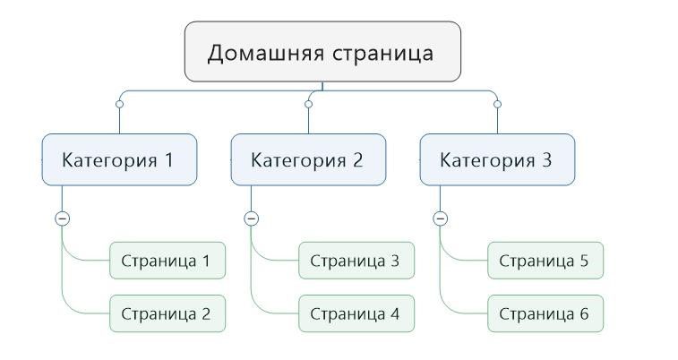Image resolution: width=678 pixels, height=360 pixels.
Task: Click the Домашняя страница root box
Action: point(322,52)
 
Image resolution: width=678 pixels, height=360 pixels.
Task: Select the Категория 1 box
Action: point(119,160)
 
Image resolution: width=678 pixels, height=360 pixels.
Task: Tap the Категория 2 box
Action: point(308,160)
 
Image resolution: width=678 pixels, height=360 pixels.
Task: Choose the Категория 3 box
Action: point(497,160)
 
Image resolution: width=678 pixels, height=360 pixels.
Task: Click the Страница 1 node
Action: point(167,261)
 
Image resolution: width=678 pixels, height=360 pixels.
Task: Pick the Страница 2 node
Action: point(167,313)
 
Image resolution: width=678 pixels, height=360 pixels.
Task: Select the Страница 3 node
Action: point(356,261)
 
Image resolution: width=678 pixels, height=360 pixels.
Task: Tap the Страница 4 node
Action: point(356,313)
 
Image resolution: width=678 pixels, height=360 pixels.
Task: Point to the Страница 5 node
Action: point(545,261)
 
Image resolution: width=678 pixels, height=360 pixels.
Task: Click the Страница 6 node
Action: point(545,313)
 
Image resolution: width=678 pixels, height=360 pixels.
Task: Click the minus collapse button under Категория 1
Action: point(62,219)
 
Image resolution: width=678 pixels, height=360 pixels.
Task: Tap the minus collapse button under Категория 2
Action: point(251,219)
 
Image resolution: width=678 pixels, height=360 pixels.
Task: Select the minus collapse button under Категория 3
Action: point(440,219)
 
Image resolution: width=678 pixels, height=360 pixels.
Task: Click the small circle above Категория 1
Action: point(119,105)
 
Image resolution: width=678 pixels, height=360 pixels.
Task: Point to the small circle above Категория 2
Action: point(308,105)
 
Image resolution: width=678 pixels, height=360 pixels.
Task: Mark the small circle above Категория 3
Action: point(497,105)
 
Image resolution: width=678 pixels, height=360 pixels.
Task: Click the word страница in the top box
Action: point(382,53)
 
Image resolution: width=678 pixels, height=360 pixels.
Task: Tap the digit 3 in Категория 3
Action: point(546,160)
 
